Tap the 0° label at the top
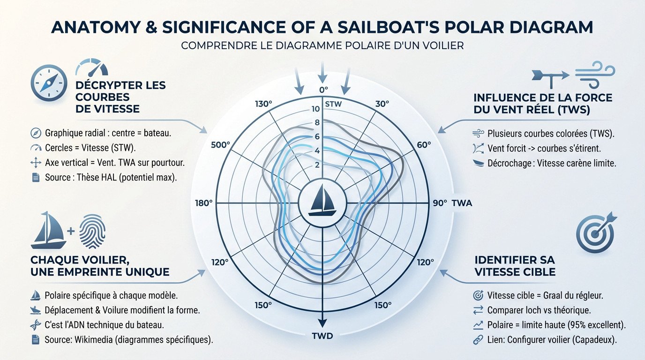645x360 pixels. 323,90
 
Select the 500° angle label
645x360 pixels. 220,145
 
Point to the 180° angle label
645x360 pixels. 203,203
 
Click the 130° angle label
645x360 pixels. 263,104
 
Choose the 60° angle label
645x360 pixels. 423,145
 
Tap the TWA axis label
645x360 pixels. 463,203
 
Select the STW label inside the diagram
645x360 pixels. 333,104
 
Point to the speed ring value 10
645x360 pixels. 315,109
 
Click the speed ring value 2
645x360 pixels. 317,165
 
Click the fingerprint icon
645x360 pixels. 92,232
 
